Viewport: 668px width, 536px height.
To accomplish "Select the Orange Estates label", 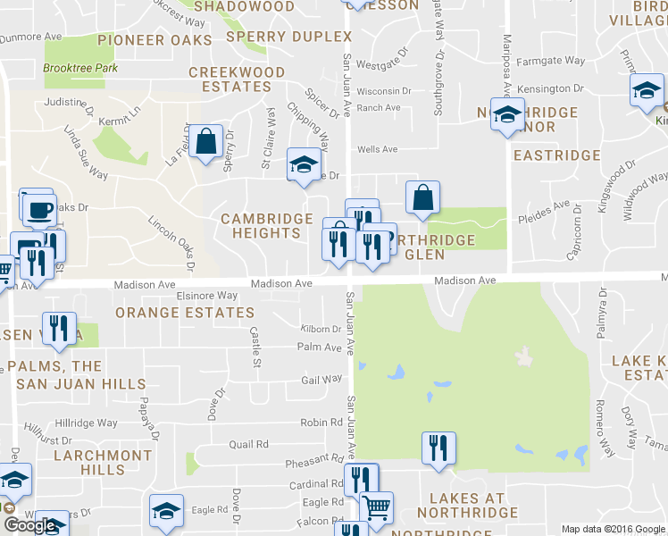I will click(185, 313).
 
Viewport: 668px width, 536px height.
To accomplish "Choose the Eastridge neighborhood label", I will click(558, 155).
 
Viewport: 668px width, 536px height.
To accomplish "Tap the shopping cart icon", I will click(377, 507).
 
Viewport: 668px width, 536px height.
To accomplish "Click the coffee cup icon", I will click(38, 211).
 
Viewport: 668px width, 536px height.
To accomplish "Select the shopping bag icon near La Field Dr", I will click(205, 141).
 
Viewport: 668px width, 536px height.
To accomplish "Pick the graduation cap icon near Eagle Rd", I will click(166, 510).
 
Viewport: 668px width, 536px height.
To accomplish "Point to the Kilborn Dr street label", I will click(321, 330).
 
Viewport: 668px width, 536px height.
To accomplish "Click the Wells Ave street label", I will click(377, 150).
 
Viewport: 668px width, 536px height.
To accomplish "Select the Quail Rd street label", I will click(248, 444).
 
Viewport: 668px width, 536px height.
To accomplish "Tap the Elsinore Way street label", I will click(207, 296).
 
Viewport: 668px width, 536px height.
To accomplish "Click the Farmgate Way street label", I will click(555, 62).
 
